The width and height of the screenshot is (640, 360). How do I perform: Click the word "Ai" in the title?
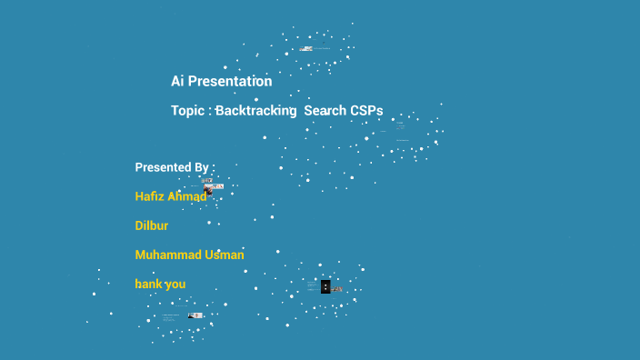click(178, 81)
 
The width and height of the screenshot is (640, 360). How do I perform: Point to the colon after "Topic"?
click(209, 111)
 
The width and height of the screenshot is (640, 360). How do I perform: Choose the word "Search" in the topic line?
click(325, 110)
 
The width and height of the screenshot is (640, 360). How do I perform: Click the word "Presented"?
click(162, 167)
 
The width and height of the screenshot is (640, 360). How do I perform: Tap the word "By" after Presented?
click(202, 167)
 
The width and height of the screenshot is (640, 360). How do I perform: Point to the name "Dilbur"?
click(152, 225)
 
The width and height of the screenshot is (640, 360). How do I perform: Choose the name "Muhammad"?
click(166, 255)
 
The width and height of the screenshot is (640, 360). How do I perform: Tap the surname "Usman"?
click(223, 255)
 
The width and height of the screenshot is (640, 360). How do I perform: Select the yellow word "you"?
click(175, 284)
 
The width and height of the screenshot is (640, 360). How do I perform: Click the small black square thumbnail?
click(325, 286)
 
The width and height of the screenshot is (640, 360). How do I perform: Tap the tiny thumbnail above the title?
click(308, 48)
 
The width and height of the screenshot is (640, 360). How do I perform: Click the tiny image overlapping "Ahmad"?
click(209, 190)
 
